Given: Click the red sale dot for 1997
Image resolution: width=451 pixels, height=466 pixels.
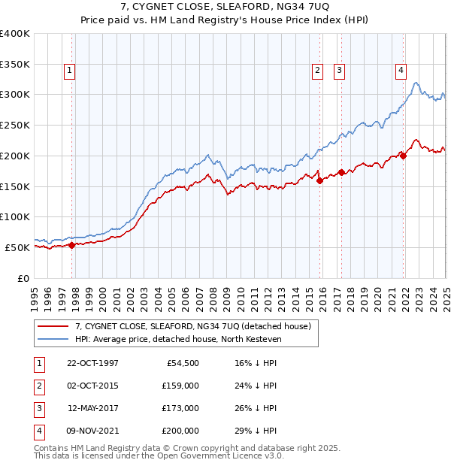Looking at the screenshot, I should point(72,244).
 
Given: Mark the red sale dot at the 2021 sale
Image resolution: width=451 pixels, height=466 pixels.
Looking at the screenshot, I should point(403,156).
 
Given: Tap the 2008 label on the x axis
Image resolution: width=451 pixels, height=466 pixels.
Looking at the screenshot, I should point(213,293).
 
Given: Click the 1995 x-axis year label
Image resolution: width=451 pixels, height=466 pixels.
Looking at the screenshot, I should point(35,293).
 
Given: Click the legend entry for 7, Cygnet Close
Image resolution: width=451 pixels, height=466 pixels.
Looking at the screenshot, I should point(197,326).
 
